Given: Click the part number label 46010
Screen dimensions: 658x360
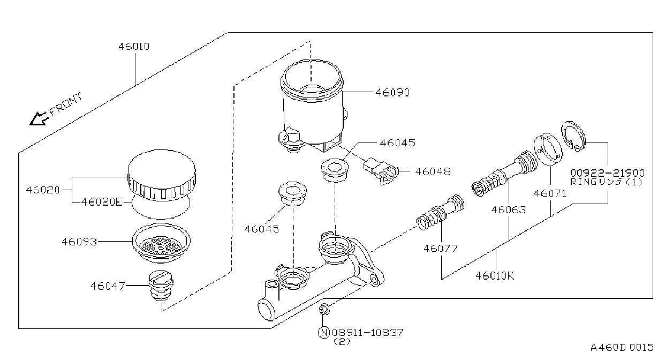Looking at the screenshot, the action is point(134,47).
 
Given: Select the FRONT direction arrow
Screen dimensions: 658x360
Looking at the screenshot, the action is point(39,119).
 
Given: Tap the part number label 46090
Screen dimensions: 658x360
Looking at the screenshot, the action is point(392,93).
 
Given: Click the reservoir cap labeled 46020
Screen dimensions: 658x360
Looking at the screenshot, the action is point(162,175).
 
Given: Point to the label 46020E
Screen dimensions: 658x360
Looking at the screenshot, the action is point(101,202).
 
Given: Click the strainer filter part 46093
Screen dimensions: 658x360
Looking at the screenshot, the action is point(161,243).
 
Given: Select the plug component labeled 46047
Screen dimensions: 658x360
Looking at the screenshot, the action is point(161,286).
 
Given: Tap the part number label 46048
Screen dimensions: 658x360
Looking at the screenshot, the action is point(433,171).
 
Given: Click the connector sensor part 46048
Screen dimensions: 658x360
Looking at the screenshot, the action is point(381,171).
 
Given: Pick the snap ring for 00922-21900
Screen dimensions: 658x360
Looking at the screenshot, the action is point(573,136).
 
